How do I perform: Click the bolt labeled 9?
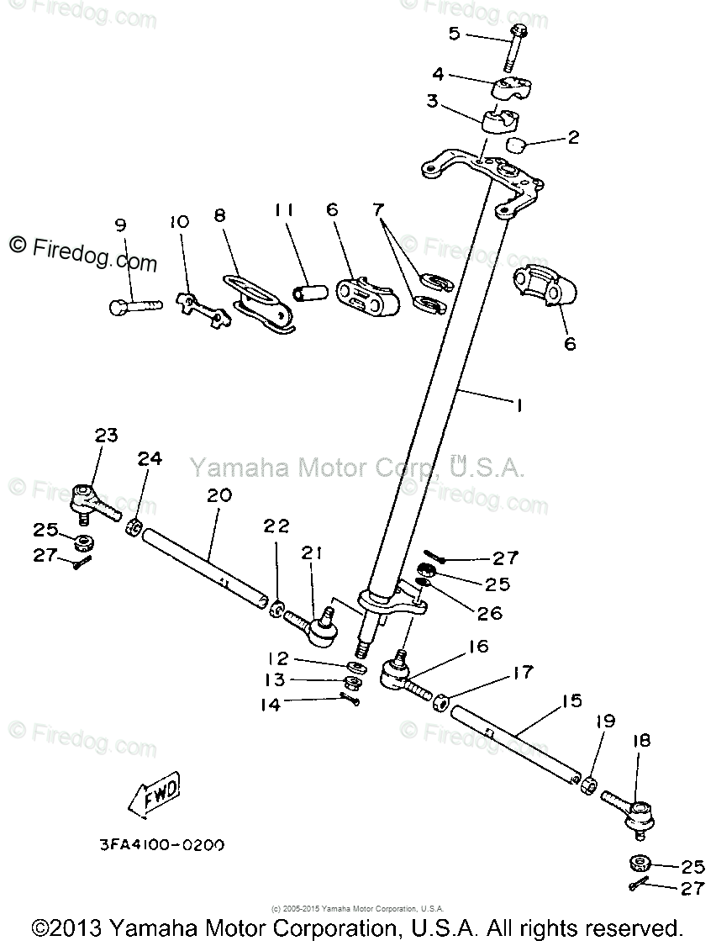click(134, 305)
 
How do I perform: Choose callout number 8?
click(220, 215)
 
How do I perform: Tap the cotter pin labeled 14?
click(350, 696)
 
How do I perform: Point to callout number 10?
click(179, 223)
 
